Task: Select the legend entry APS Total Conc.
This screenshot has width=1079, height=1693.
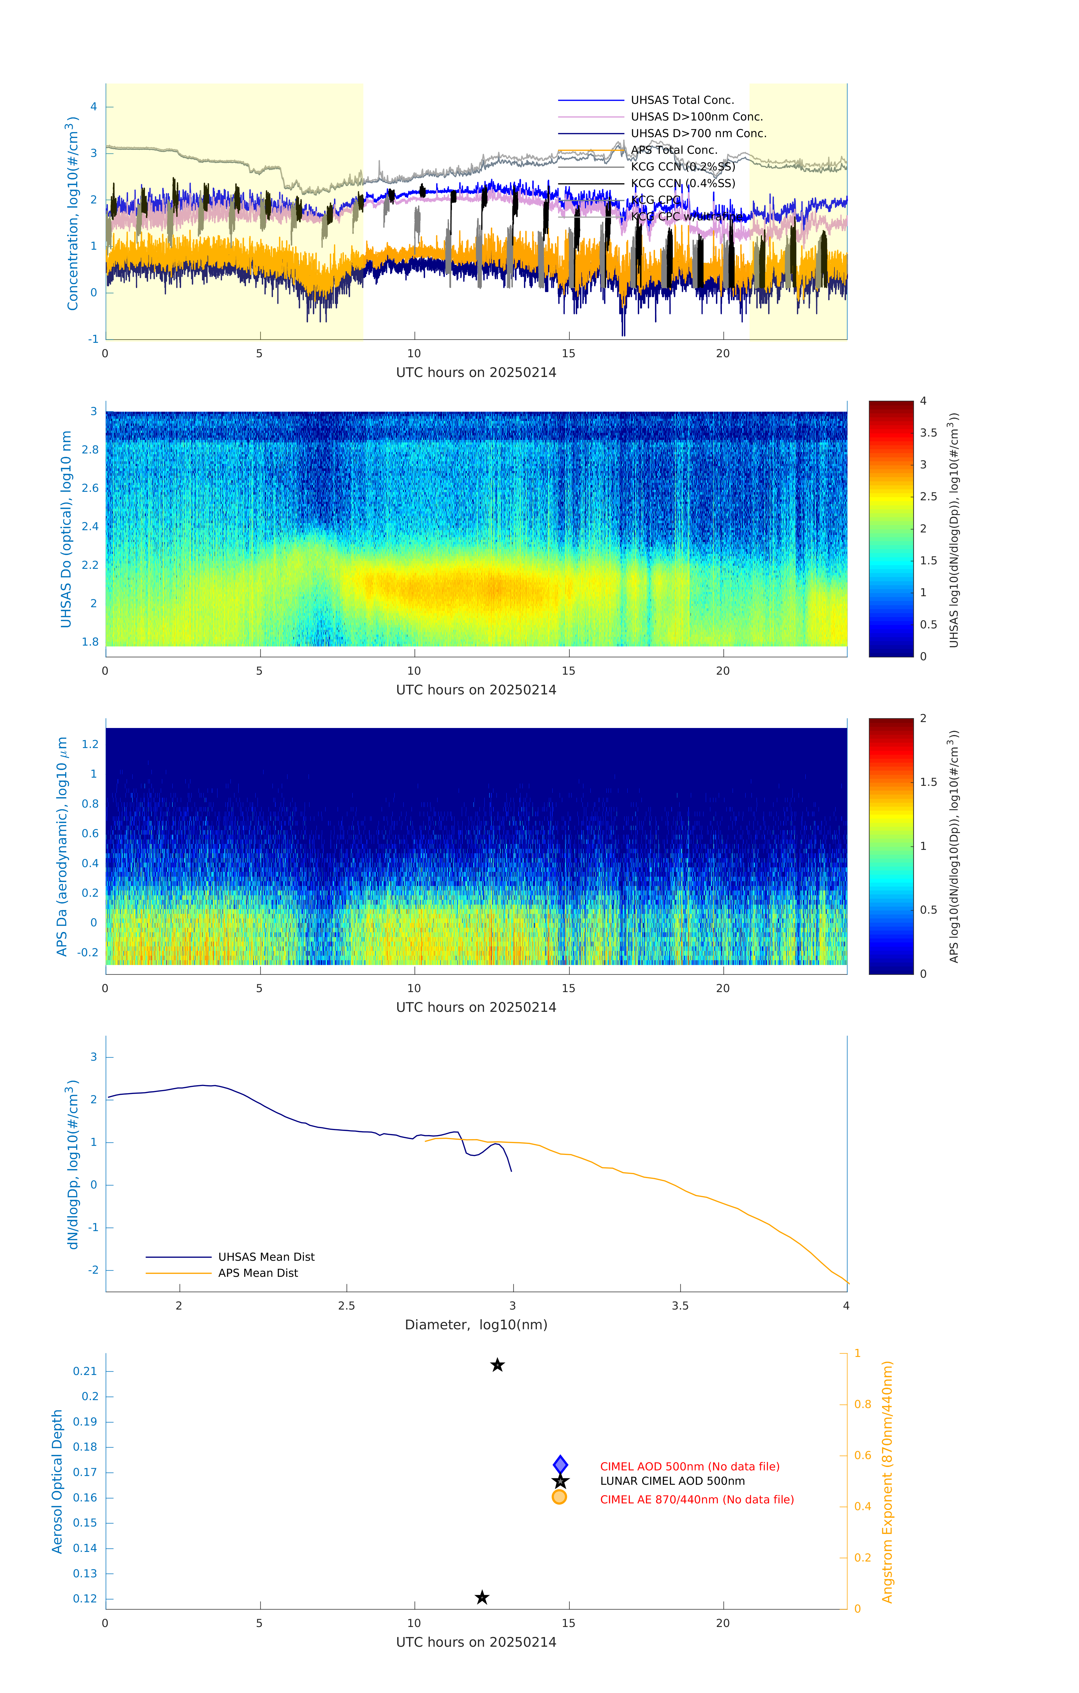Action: (673, 150)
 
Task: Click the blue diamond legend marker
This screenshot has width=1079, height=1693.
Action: (560, 1464)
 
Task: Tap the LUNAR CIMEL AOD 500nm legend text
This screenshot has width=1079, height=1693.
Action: (672, 1481)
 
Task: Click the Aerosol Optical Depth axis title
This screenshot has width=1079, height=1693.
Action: (58, 1481)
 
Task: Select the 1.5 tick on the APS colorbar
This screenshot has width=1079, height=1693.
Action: (928, 782)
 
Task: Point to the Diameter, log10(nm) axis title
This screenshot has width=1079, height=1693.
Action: (476, 1324)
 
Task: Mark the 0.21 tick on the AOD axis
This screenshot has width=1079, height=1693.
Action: (85, 1371)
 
